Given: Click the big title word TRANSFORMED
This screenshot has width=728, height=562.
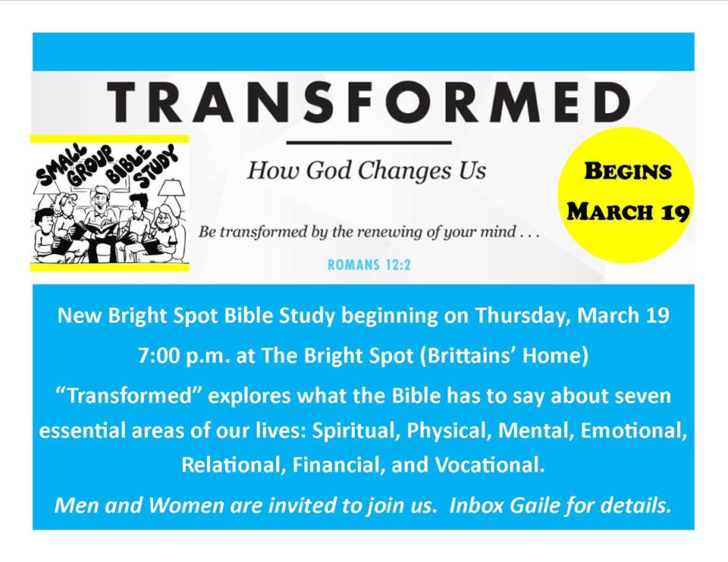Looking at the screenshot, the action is coord(369,102).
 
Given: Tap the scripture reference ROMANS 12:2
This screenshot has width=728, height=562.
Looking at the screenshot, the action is coord(369,265).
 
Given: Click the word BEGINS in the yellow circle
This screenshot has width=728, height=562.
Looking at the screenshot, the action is coord(627,171).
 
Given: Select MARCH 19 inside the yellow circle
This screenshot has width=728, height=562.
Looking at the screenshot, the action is coord(628,212).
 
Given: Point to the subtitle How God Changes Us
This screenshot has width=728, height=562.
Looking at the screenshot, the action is coord(366,170).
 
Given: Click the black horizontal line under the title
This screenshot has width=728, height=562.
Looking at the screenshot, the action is coord(369,143).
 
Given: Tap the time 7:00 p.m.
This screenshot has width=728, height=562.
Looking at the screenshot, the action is coord(184,356).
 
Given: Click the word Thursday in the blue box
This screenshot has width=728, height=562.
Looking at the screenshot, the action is coord(522,316).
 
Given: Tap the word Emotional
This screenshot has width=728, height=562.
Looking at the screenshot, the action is coord(634,431).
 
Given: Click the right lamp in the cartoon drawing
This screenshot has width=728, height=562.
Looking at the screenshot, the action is coord(171,194).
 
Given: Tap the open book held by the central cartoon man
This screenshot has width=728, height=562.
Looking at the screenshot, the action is coord(101,229).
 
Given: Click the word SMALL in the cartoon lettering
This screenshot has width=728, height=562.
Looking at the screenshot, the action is coord(61,165).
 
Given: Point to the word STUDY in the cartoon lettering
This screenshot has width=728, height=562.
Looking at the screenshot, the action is coord(156,166).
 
